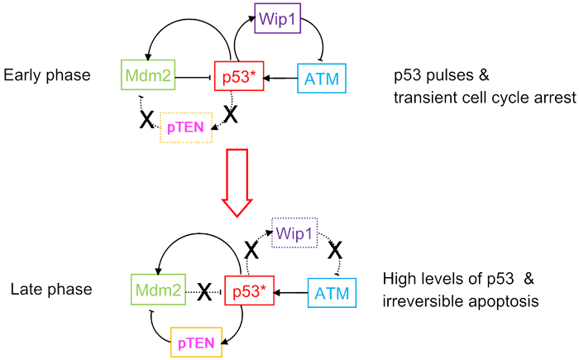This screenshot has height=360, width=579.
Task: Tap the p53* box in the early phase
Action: coord(238,77)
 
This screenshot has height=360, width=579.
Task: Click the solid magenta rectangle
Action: coord(190,128)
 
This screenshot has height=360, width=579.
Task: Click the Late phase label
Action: coord(42,290)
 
